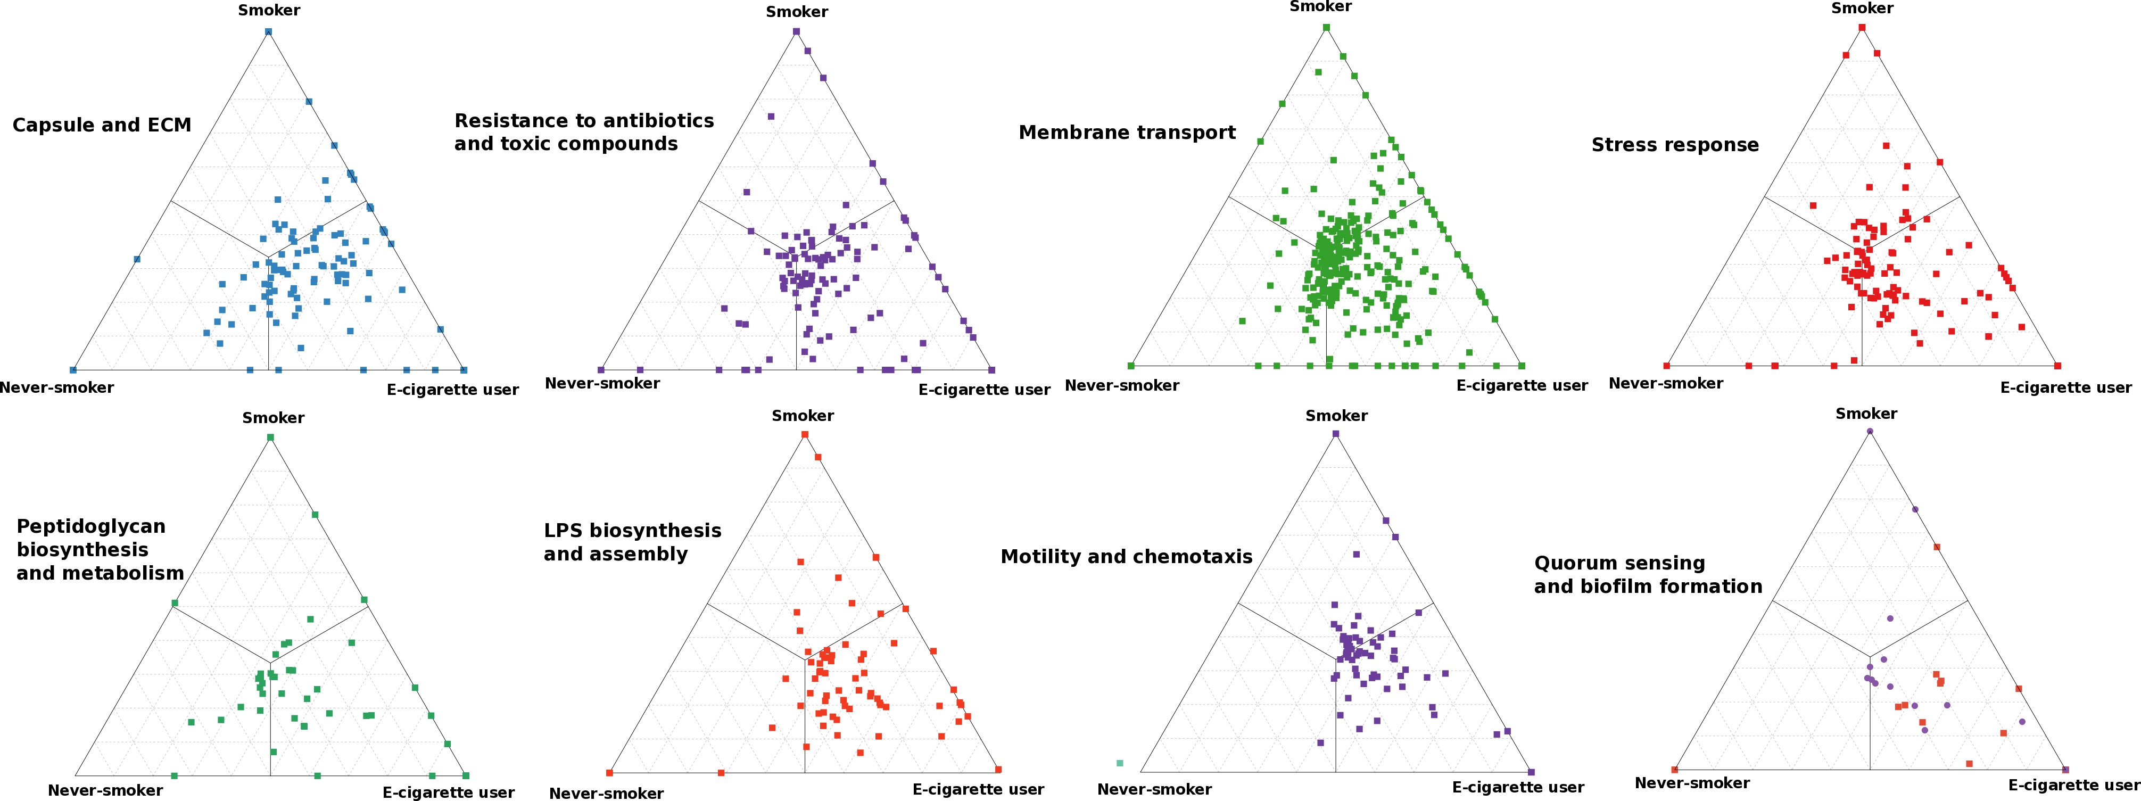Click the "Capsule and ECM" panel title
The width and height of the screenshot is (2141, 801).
(102, 126)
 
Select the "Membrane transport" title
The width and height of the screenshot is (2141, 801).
(1127, 133)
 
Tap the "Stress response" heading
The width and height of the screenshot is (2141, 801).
(1675, 145)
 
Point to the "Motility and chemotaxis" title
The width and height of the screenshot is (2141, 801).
(1126, 557)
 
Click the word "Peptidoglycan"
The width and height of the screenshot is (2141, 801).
(90, 527)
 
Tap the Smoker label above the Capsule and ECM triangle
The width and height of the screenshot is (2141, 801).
(268, 11)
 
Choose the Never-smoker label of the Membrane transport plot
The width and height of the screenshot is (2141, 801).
(1121, 385)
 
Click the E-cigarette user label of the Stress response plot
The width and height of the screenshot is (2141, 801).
(2065, 387)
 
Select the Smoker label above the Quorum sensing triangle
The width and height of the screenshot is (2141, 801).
(1866, 414)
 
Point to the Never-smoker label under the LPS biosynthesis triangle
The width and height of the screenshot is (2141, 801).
(606, 794)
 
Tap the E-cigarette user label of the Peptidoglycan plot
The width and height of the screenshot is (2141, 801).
(448, 792)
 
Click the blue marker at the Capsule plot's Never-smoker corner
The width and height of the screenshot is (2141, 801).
(73, 370)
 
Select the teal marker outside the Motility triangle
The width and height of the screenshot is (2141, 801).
(1120, 763)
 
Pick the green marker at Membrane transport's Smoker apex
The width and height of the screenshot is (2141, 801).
(1326, 28)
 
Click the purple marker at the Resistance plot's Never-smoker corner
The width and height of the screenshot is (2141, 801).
(601, 370)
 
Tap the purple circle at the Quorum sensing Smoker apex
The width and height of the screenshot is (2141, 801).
(1869, 431)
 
